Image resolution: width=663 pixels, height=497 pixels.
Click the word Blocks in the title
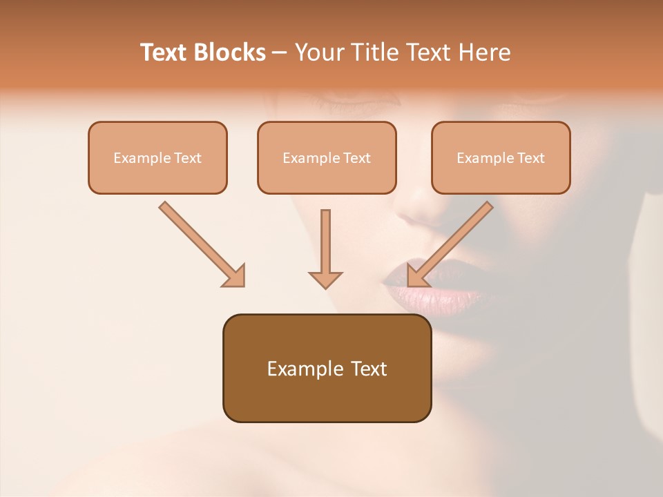(231, 52)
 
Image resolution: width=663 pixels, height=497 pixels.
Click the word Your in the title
(318, 52)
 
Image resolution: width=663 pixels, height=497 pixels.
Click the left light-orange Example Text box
(157, 157)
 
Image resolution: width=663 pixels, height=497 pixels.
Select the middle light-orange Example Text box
(327, 157)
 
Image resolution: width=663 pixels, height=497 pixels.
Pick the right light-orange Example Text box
(501, 157)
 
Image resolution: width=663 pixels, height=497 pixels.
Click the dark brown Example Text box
(327, 368)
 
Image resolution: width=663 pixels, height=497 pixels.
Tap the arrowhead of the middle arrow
(325, 279)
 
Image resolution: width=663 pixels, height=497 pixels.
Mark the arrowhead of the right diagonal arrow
(416, 276)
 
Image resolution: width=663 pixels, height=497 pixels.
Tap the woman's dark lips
(432, 290)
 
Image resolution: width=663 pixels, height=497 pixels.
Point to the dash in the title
(280, 53)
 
